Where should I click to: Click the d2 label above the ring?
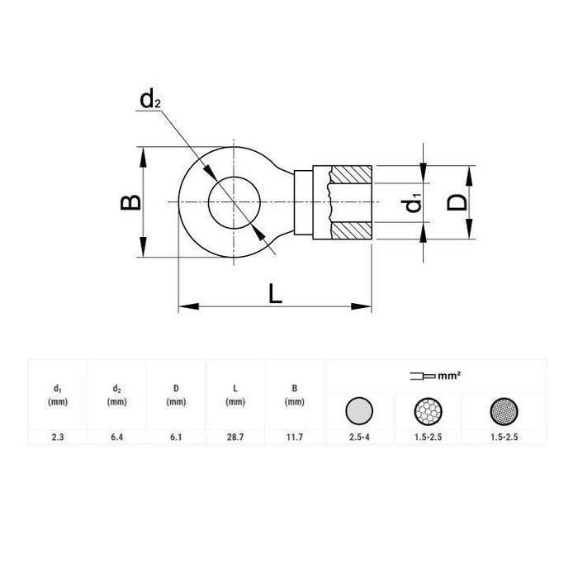[x=149, y=101]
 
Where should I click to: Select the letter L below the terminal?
[x=275, y=291]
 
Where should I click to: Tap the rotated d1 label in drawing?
[x=414, y=202]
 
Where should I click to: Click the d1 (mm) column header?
[x=57, y=396]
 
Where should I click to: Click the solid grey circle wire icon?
[x=358, y=410]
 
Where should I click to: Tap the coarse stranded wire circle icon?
[x=429, y=410]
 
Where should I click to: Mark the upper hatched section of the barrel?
[x=353, y=176]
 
